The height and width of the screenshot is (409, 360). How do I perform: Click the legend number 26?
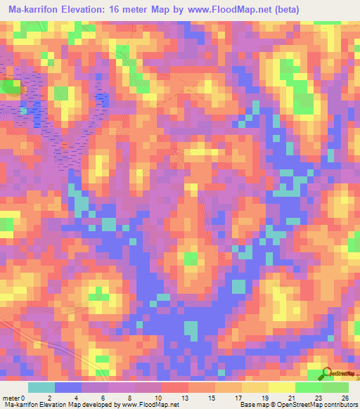coord(343,397)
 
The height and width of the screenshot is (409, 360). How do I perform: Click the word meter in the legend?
coord(11,397)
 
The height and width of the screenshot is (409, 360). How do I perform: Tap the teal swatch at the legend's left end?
coord(41,387)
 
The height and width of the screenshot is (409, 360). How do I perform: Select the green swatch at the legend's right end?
coord(335,387)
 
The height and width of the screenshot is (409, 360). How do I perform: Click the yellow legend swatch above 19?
coord(255,387)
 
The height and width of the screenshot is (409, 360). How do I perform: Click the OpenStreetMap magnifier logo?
coord(326,373)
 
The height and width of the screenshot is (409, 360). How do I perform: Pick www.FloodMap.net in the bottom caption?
coord(149,405)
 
